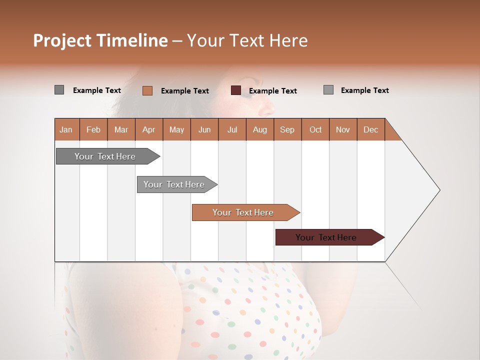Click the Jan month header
click(x=66, y=129)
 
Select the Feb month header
click(x=93, y=129)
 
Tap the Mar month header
click(x=121, y=129)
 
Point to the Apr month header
click(x=149, y=129)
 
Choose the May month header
click(x=176, y=129)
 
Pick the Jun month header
click(x=204, y=129)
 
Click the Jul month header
click(x=232, y=129)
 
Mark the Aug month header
click(x=260, y=129)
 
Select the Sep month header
click(x=287, y=129)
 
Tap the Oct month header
click(x=315, y=129)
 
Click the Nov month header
click(x=343, y=129)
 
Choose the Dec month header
click(x=371, y=129)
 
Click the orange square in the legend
click(x=147, y=90)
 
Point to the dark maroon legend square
click(x=236, y=90)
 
